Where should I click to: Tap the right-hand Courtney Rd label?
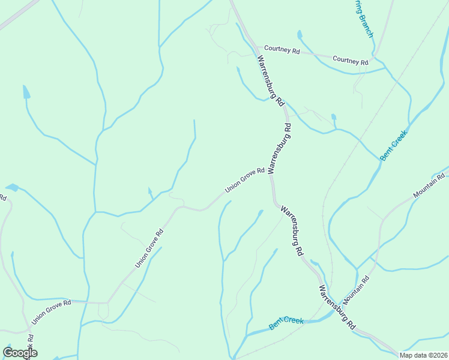coord(351,60)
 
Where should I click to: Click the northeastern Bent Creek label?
coord(393,145)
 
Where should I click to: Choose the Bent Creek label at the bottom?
coord(286,322)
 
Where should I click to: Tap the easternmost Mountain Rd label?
coord(429,186)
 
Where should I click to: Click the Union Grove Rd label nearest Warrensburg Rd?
coord(245,180)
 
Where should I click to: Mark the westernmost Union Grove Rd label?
coord(51,312)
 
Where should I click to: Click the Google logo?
coord(20,353)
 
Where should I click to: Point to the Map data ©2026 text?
coord(423,355)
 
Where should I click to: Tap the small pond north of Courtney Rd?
coord(300,35)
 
